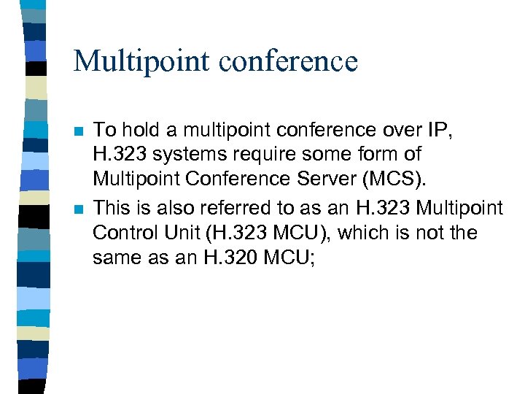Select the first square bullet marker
tap(78, 132)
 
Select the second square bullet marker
tap(78, 210)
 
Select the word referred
tap(228, 208)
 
